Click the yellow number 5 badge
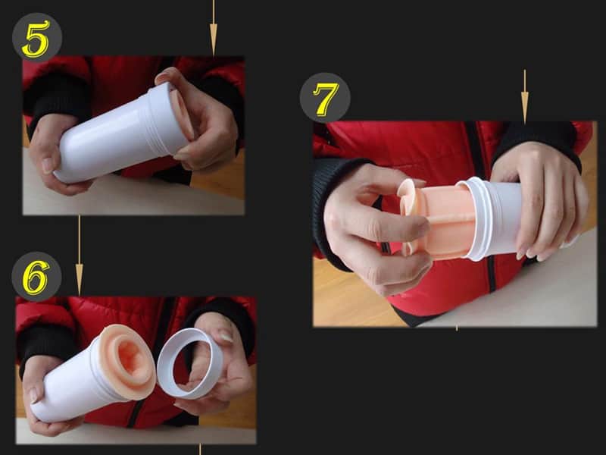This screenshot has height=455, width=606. [36, 37]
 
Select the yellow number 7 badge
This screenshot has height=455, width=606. [325, 97]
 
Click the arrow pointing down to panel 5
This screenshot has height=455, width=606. [213, 29]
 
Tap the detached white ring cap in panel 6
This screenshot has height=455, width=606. [189, 362]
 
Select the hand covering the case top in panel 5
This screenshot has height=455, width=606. [201, 114]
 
